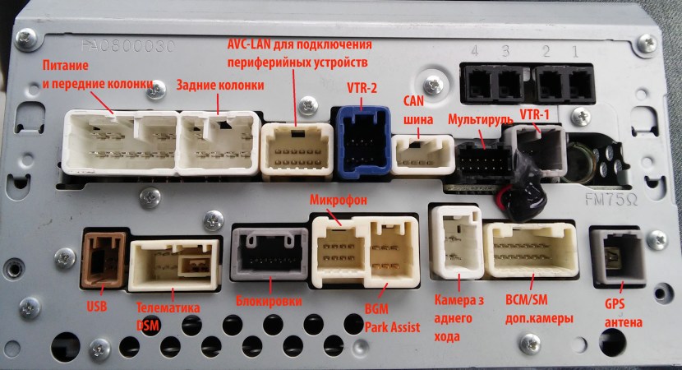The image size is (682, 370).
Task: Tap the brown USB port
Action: point(103,259)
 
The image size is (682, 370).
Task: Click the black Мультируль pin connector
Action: point(480,160)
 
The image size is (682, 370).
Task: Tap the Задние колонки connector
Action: point(216,141)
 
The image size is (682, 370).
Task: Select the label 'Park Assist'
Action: point(393,327)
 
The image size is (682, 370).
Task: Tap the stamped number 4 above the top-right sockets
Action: point(475,51)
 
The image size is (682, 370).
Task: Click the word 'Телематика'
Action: point(170,308)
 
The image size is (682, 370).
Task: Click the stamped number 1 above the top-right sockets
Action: point(575,51)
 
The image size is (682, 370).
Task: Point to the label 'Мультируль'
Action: point(480,120)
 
